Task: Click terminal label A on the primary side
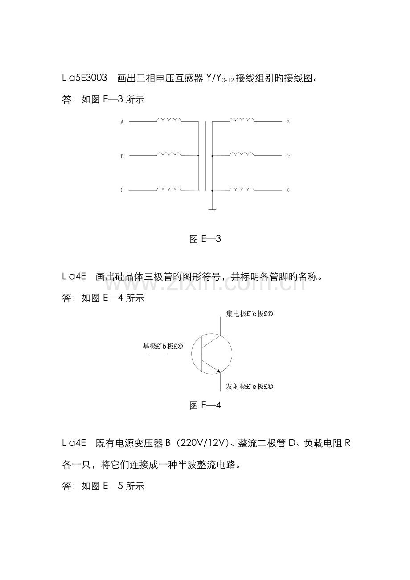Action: point(122,122)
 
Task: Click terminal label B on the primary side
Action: point(122,156)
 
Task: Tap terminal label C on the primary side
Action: point(122,190)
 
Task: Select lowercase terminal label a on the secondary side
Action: point(288,122)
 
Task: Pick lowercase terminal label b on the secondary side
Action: point(289,156)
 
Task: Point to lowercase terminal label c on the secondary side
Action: point(288,190)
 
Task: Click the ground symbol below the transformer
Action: point(212,211)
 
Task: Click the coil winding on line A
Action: point(169,120)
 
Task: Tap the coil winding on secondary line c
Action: point(242,189)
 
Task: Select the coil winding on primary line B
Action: point(169,154)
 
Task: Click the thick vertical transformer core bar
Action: point(205,156)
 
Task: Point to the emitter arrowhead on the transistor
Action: point(219,371)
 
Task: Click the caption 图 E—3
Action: point(205,239)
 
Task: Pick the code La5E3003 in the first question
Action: point(84,78)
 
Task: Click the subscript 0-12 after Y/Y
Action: point(228,80)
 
